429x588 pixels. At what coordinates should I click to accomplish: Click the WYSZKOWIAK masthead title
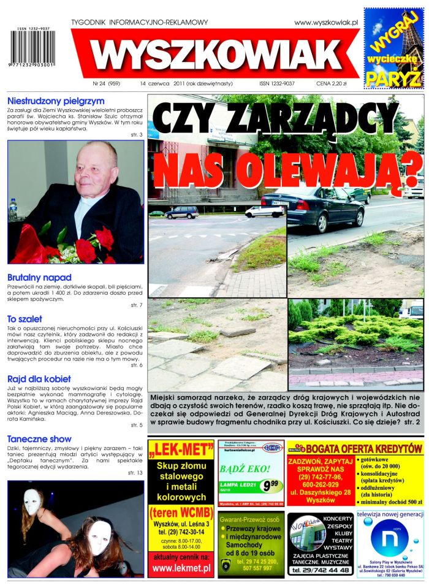(216, 54)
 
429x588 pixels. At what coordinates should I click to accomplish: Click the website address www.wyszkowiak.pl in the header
(325, 23)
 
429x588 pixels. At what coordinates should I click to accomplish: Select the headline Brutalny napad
(39, 277)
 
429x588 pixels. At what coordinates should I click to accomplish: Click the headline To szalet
(25, 319)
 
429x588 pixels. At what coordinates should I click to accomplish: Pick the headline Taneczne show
(40, 439)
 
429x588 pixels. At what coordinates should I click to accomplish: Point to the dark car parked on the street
(313, 206)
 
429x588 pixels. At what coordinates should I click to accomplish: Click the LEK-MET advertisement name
(181, 451)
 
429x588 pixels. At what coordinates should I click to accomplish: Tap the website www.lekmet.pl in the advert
(181, 568)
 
